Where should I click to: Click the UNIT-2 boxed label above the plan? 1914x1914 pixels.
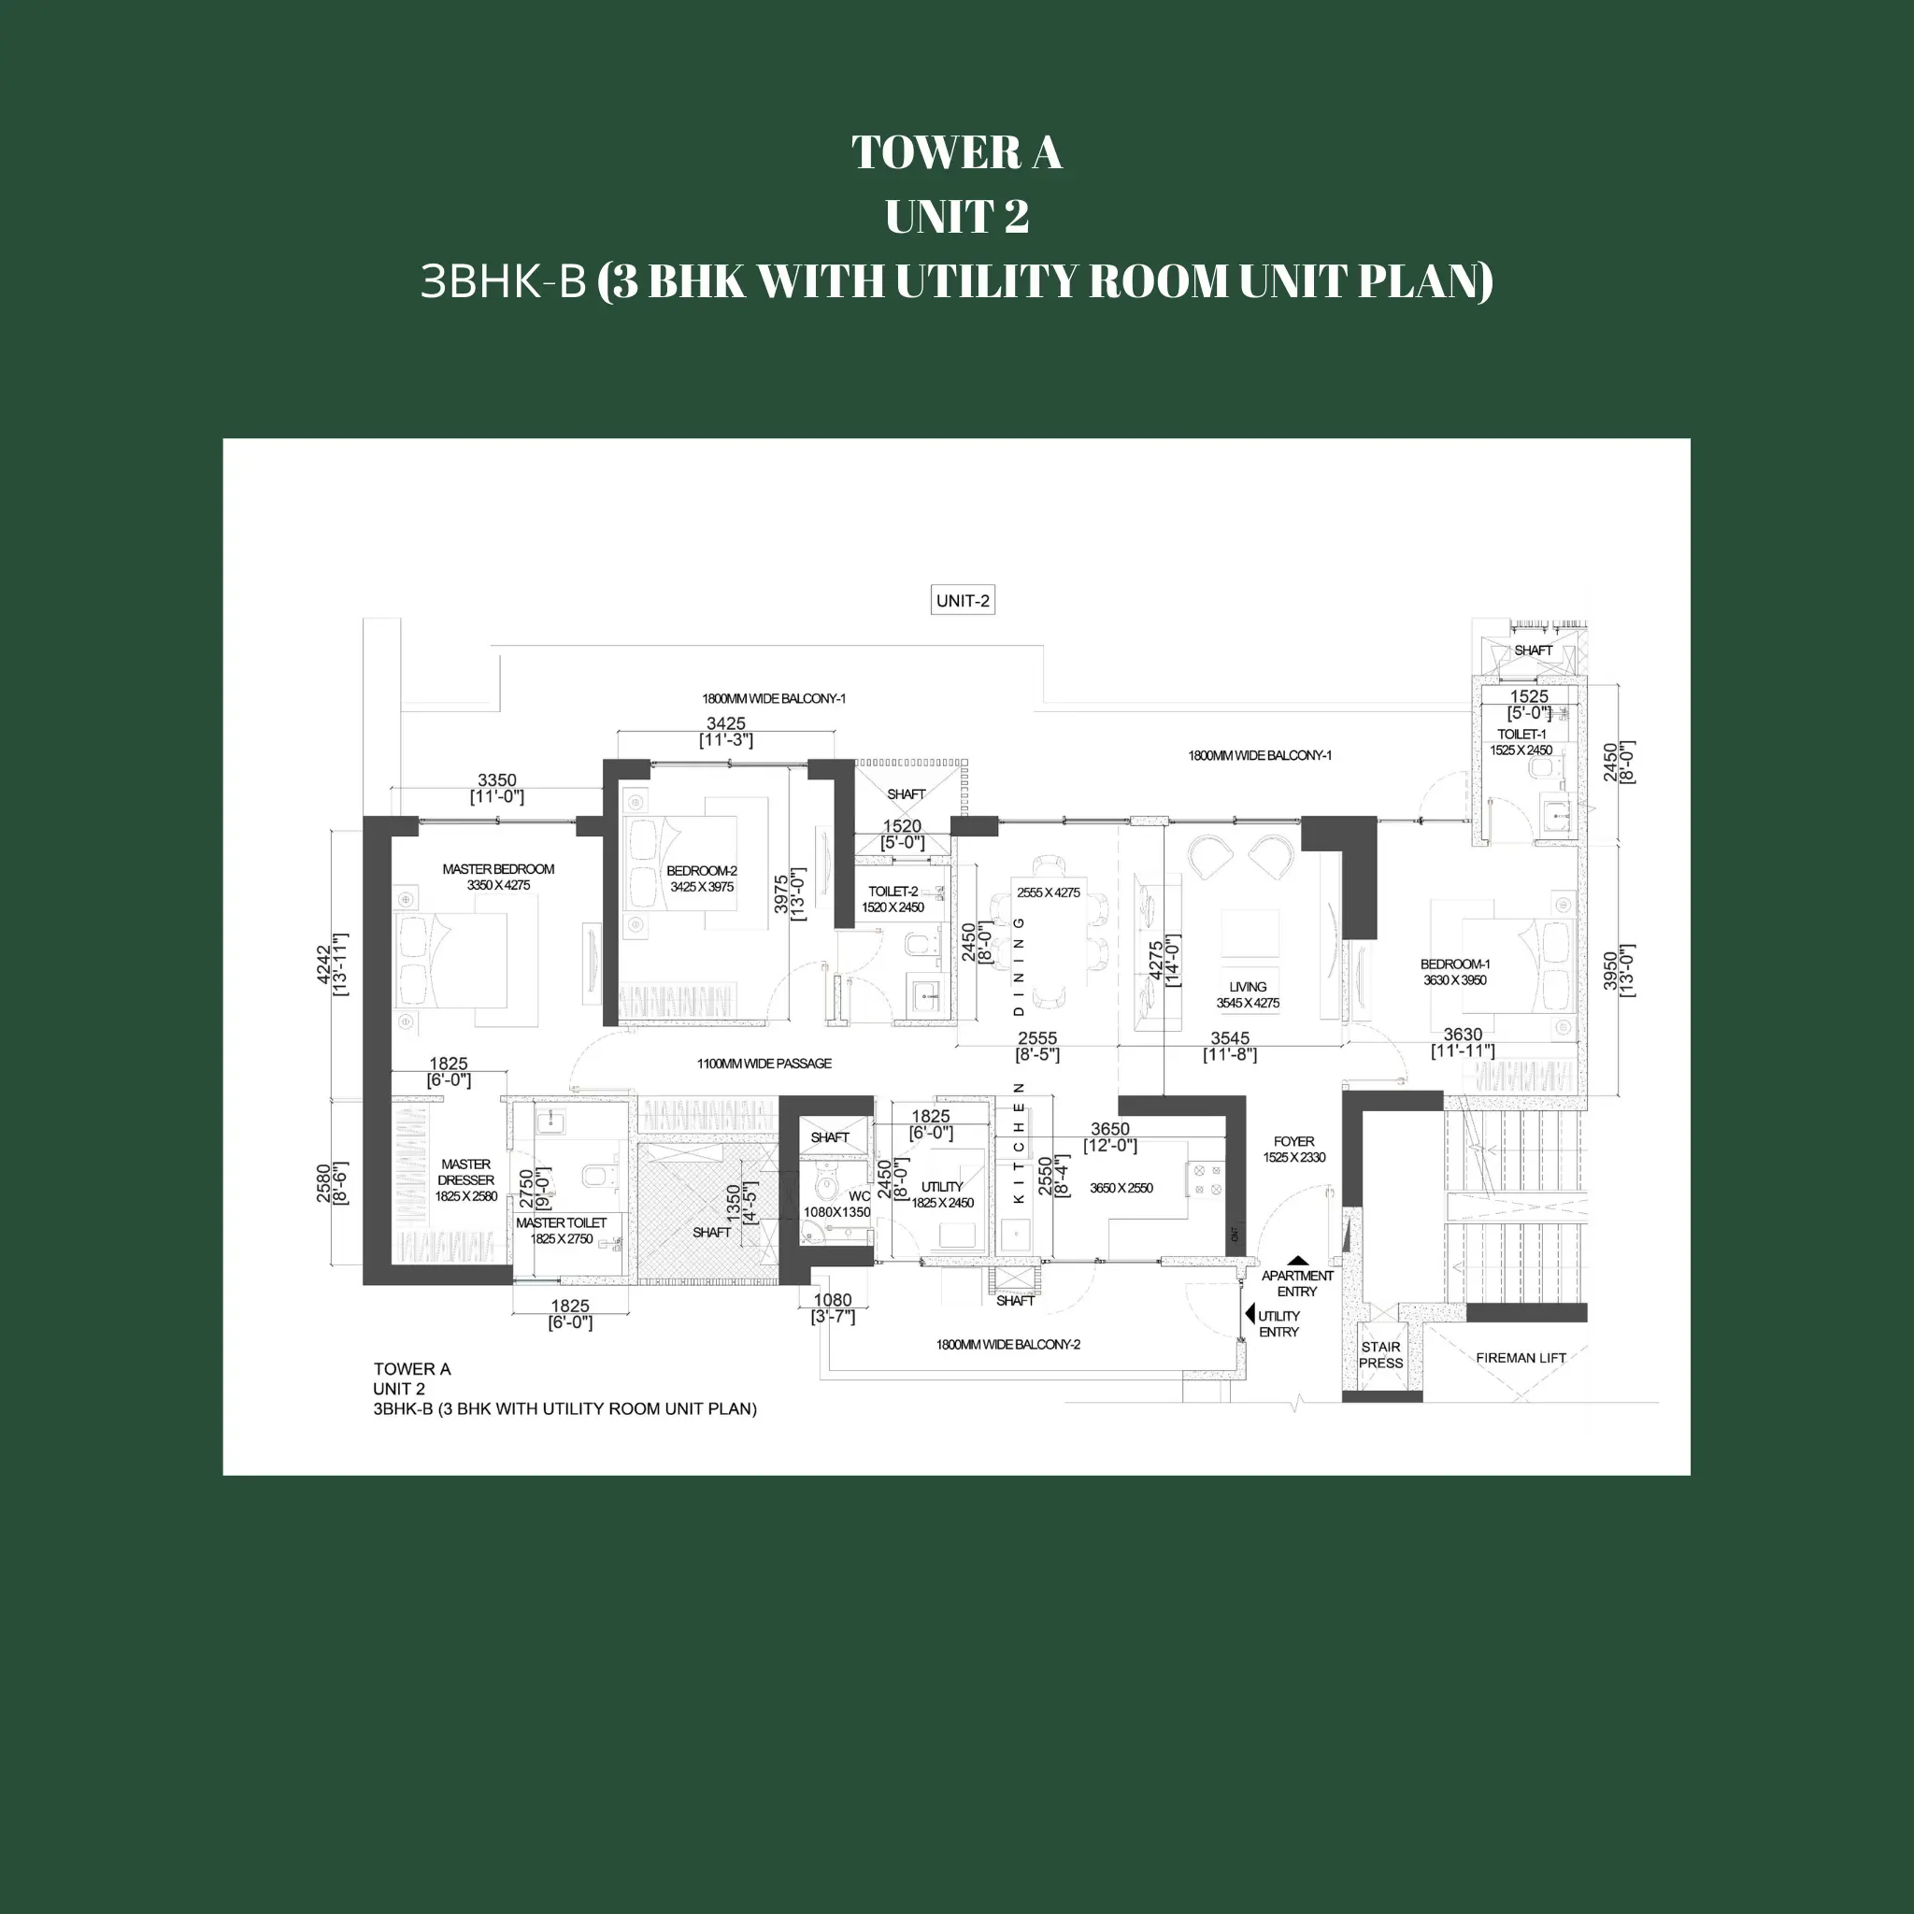point(962,600)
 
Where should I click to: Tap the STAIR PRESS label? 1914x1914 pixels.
point(1380,1354)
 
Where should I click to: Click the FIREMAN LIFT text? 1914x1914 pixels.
point(1521,1357)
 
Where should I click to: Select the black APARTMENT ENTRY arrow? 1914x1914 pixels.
point(1297,1261)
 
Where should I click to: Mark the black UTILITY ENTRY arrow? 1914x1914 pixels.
point(1250,1315)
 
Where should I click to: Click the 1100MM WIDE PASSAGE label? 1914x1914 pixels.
point(764,1063)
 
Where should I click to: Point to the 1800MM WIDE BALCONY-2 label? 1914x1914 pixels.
point(1007,1344)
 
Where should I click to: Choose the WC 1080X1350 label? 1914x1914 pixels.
point(838,1204)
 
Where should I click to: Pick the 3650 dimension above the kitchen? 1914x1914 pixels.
point(1109,1128)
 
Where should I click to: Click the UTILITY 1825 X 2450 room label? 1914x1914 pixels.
point(942,1193)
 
